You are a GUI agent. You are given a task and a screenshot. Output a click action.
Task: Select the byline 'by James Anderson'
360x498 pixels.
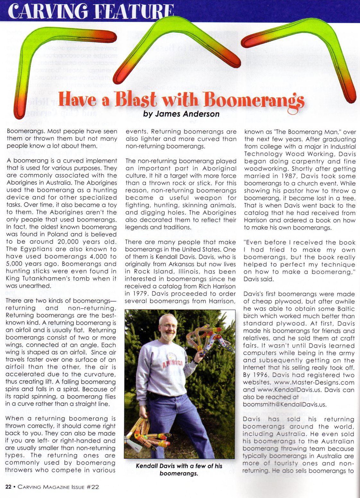(181, 114)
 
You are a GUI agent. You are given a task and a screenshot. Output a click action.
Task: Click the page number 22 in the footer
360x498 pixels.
(8, 487)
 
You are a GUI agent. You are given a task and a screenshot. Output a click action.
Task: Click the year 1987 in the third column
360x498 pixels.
(290, 176)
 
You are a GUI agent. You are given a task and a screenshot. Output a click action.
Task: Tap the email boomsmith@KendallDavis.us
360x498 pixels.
(285, 404)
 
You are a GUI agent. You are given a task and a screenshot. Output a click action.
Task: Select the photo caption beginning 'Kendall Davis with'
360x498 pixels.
(179, 469)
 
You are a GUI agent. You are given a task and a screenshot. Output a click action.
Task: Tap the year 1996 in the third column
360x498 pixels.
(261, 375)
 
